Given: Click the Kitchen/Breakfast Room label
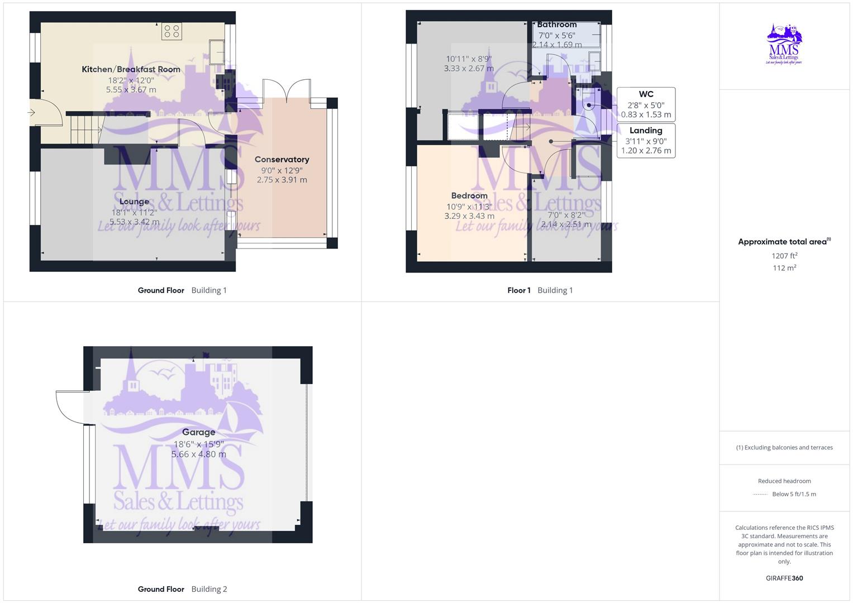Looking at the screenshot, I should (x=131, y=69).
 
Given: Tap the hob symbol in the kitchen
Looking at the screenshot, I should (x=171, y=31).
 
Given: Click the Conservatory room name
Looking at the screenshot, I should (x=282, y=159).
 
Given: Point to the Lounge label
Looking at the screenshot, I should (x=134, y=202).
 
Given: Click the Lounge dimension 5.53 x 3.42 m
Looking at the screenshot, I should (x=134, y=222).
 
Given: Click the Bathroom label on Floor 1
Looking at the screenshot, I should (x=556, y=25).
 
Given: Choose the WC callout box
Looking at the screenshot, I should (x=646, y=104).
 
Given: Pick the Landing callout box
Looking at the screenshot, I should (x=646, y=140).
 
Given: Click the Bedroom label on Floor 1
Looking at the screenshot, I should (x=469, y=195).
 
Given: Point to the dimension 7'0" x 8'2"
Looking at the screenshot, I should (x=566, y=215).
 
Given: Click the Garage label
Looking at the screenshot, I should (x=198, y=432).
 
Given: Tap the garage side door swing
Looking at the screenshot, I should (x=71, y=406).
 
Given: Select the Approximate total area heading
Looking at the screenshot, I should (x=784, y=242).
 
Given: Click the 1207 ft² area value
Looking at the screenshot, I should (x=784, y=256).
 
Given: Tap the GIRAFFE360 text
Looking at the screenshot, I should (x=784, y=578).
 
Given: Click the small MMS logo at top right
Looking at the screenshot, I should (x=784, y=44).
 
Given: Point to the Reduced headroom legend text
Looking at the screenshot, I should (x=784, y=481).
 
